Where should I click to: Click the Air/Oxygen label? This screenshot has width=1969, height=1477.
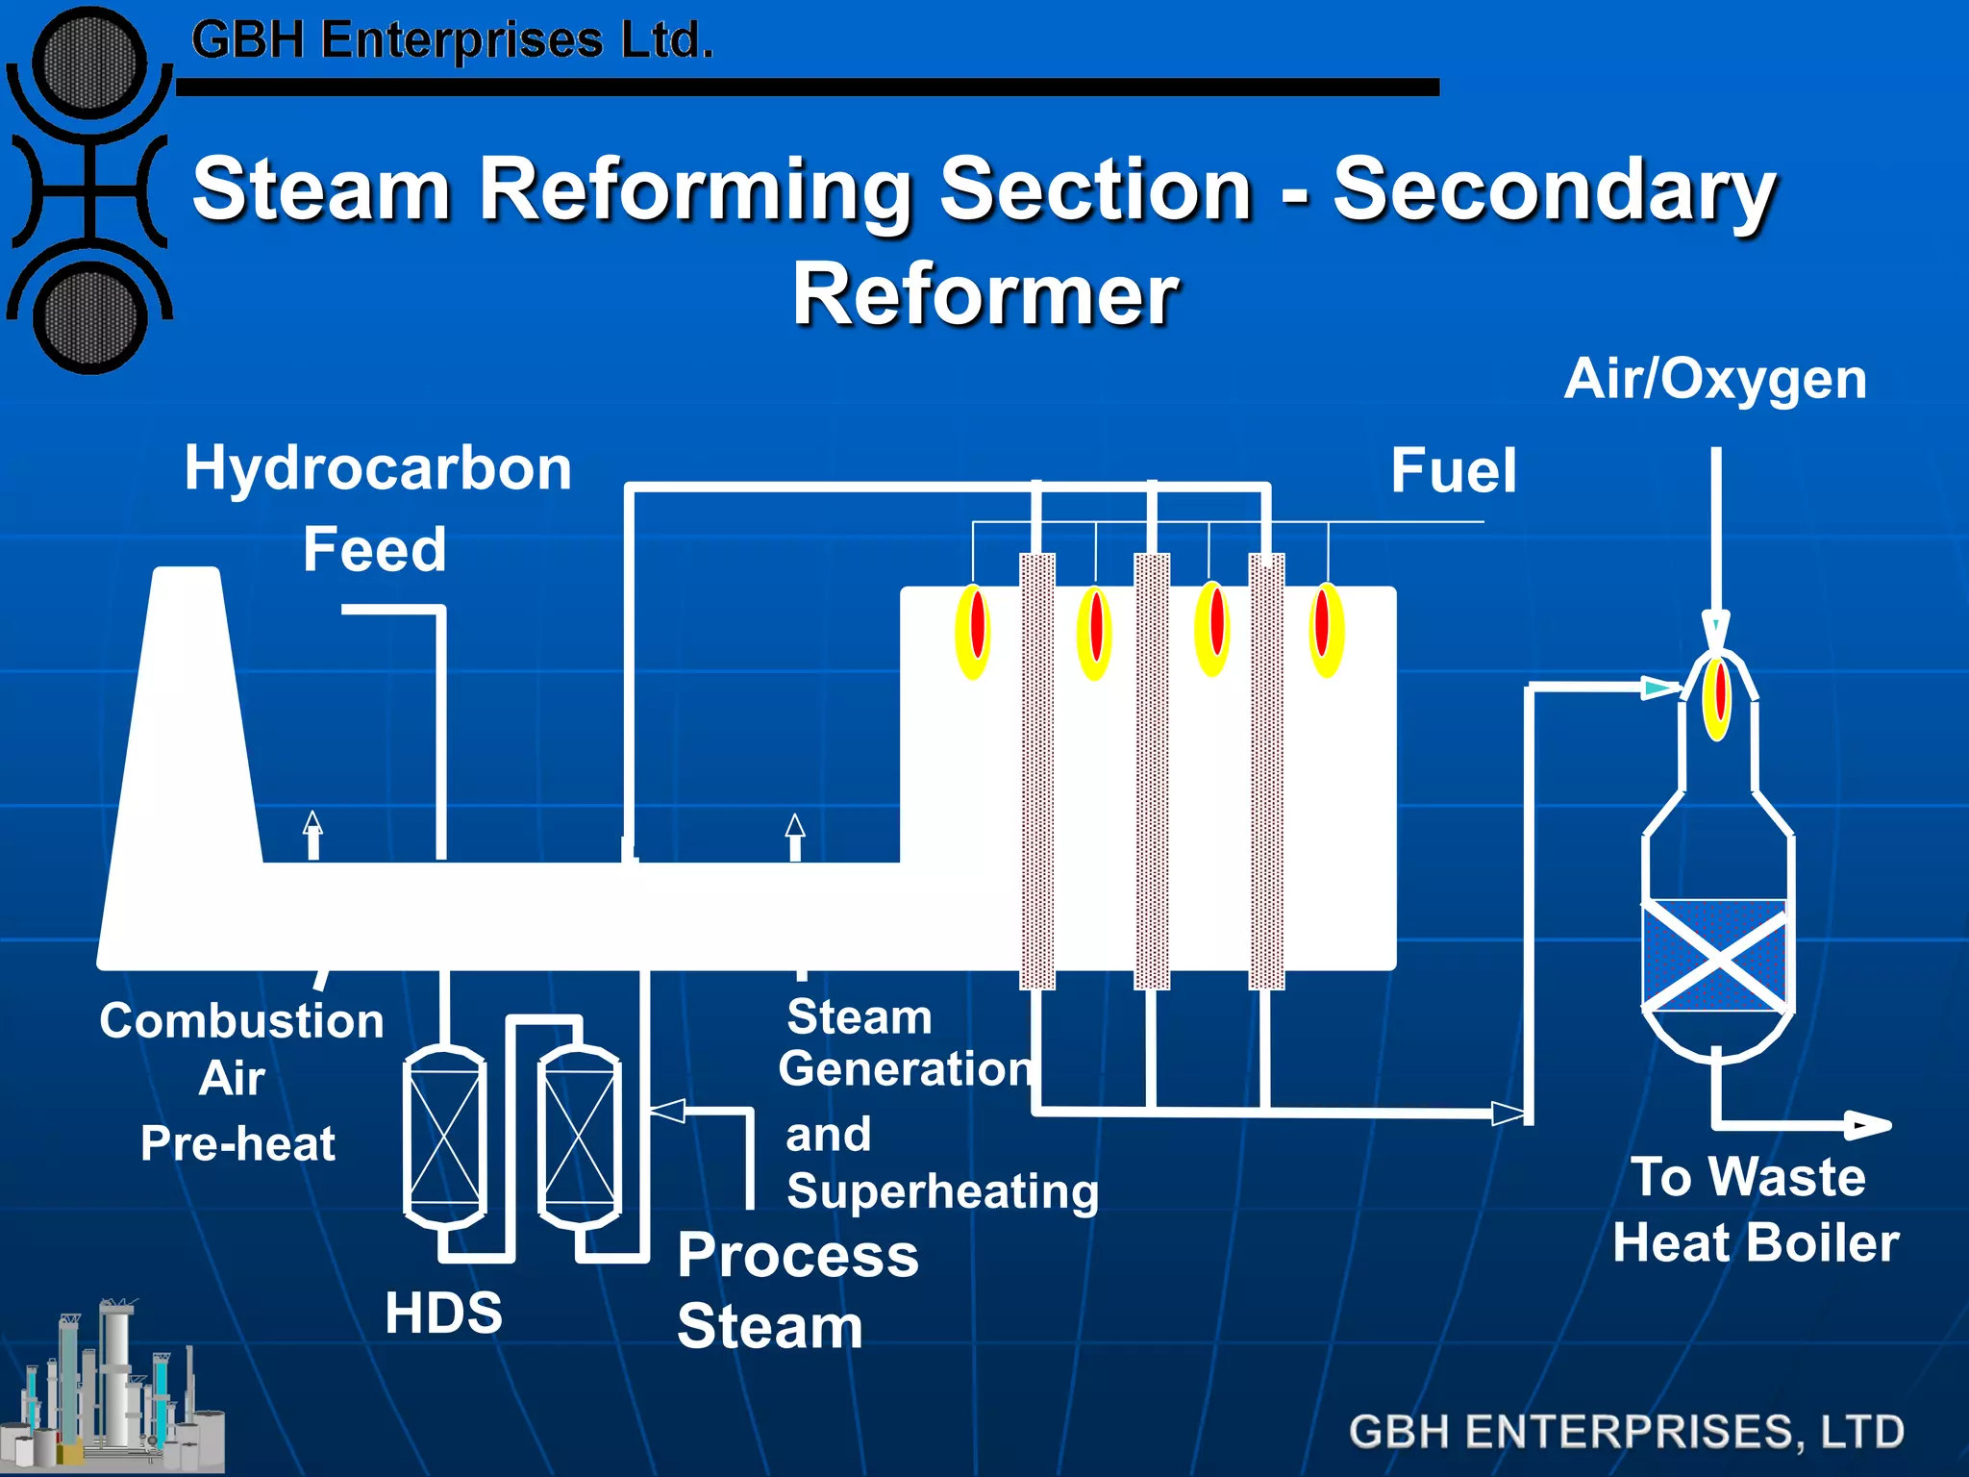[1715, 379]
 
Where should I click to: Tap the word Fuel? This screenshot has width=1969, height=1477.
[1454, 471]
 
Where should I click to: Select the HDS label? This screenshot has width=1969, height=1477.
[443, 1313]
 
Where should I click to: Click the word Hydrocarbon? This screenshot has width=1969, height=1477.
[378, 468]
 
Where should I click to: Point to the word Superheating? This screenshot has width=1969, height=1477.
[942, 1191]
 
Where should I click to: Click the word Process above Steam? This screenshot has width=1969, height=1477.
[798, 1255]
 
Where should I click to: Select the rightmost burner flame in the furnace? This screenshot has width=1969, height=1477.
[1326, 630]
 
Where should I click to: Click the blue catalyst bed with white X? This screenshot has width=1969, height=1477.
[1716, 956]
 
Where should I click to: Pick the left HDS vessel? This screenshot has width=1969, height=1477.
[444, 1137]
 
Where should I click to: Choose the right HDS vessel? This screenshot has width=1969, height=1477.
[579, 1137]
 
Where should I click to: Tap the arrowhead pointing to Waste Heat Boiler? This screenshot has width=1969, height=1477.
[1869, 1124]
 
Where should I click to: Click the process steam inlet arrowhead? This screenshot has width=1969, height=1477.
[667, 1112]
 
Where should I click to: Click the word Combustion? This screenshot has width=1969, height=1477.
[241, 1020]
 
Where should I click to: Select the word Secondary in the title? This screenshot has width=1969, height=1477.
[1554, 189]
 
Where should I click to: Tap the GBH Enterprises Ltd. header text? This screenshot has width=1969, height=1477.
[452, 40]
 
